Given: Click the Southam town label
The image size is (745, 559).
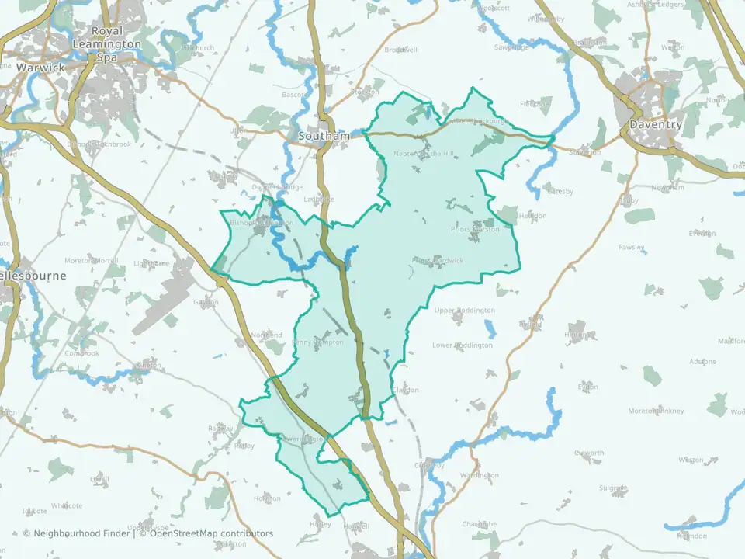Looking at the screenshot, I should point(324,136).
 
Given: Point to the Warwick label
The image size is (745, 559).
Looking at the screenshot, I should point(40,68).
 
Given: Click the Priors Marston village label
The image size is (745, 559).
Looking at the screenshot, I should point(476,230).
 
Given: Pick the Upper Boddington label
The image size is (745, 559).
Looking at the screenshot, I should point(464,311).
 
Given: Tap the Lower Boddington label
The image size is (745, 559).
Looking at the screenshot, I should point(462,345).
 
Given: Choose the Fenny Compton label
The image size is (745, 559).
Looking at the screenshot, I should point(318,342).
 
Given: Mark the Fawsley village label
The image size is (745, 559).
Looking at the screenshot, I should point(631,248).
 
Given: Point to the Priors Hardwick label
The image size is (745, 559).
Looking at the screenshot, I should point(438,261).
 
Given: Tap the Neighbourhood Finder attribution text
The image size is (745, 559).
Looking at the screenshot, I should point(78,533).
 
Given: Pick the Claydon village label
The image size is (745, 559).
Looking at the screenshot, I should point(406,390).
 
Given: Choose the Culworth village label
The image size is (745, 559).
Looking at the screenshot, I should point(588,453).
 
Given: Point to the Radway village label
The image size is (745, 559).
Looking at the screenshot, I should point(220,429).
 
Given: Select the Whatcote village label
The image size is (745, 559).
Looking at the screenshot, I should point(67,505).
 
